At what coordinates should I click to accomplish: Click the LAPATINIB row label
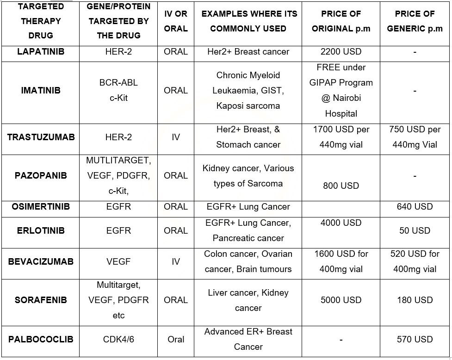coord(41,52)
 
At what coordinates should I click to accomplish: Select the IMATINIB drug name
coord(41,90)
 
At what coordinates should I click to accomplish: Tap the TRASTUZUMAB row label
coord(41,137)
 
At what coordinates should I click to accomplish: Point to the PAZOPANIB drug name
coord(41,175)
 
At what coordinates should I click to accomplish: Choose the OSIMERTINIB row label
coord(41,206)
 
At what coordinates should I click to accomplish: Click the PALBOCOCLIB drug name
coord(41,339)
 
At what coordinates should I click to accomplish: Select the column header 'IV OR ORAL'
coord(176,21)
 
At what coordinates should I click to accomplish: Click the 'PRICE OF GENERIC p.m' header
coord(415,21)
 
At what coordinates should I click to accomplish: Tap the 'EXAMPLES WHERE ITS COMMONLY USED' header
coord(248,21)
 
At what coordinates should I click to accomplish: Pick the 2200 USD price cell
coord(341,52)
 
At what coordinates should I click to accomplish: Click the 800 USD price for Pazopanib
coord(341,186)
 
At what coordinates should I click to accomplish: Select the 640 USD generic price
coord(415,206)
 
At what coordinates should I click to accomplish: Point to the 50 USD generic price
coord(415,230)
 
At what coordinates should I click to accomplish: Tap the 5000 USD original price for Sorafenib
coord(341,300)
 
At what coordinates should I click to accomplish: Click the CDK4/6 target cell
coord(118,339)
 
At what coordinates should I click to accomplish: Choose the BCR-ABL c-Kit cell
coord(118,90)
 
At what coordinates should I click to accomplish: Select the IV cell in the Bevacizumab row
coord(176,261)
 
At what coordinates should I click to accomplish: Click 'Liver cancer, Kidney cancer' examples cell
coord(248,300)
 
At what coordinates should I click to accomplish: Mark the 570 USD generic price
coord(415,339)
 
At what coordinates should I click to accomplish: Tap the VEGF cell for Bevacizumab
coord(118,261)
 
